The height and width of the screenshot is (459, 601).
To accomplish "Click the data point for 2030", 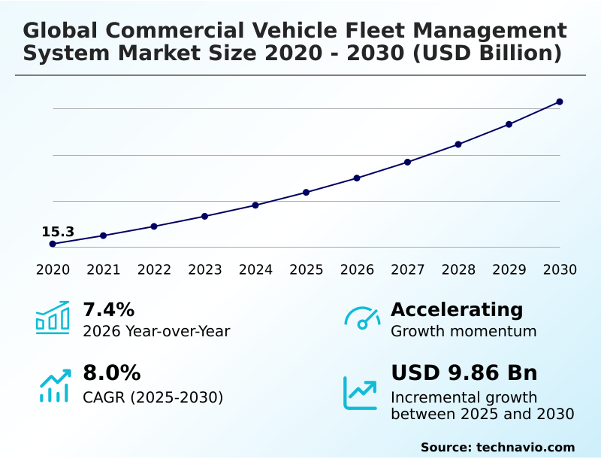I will tap(560, 102).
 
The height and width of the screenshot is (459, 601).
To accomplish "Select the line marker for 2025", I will tap(307, 193).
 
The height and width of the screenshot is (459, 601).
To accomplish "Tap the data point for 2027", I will tap(408, 162).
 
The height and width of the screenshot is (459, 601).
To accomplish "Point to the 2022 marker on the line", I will tap(154, 226).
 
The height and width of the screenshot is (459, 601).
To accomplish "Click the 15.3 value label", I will tap(58, 232).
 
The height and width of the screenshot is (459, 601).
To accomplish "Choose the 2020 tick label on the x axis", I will tap(53, 270).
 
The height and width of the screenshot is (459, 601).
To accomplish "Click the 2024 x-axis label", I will tap(255, 270).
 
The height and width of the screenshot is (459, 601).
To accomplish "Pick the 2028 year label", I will tap(458, 270).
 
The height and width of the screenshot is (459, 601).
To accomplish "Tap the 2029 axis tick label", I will tap(509, 270).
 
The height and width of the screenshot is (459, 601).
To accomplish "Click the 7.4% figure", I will tap(108, 310).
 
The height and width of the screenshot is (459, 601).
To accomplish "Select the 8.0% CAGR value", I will tap(111, 373).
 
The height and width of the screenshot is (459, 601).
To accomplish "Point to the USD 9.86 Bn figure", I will tap(464, 373).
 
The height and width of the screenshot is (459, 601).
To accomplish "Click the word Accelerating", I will tap(457, 310).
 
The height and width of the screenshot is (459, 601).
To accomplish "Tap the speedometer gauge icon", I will tap(362, 318).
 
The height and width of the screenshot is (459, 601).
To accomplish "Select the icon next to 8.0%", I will tap(54, 385).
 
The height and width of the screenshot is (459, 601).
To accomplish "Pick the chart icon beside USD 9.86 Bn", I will tap(361, 393).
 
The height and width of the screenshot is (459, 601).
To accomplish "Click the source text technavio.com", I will tap(525, 447).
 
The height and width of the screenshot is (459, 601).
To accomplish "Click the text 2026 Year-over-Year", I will tap(156, 332).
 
